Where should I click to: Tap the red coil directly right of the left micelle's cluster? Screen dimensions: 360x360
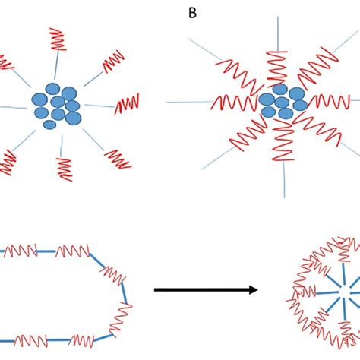pos(128,103)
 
